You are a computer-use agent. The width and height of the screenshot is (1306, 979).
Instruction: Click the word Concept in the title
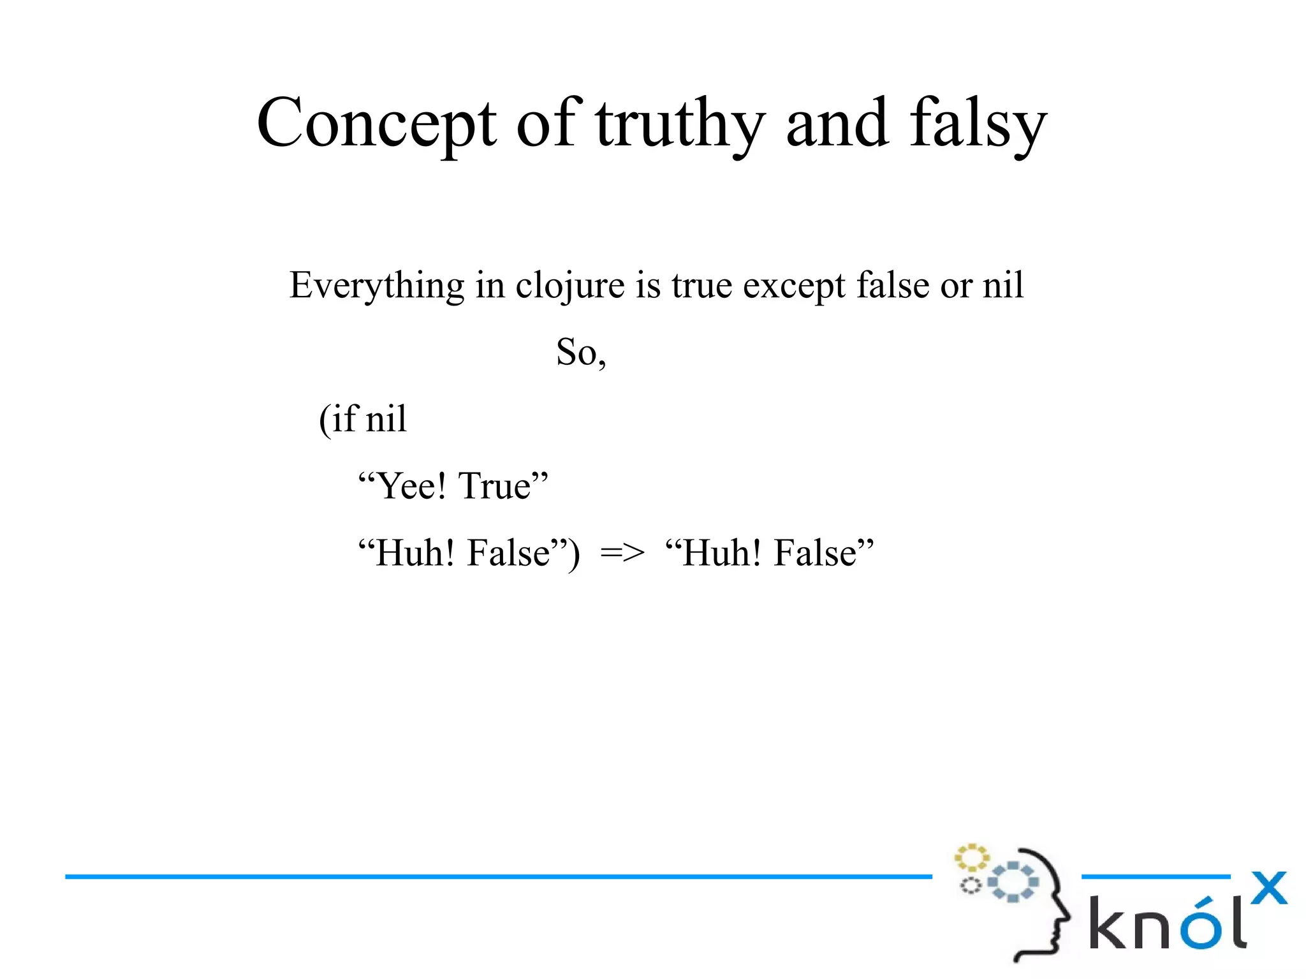tap(376, 122)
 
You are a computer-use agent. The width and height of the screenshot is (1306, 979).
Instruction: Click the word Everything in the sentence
tap(376, 285)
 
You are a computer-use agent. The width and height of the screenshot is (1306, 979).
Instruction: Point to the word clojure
tap(570, 285)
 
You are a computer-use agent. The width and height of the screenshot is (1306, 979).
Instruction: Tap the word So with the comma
tap(580, 352)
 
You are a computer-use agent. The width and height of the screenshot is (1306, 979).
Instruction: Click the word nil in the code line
tap(386, 419)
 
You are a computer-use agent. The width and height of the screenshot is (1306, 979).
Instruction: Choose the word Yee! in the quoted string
tap(411, 486)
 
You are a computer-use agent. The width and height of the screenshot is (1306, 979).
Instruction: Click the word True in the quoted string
tap(495, 486)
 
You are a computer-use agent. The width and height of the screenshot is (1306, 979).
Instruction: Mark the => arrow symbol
tap(622, 553)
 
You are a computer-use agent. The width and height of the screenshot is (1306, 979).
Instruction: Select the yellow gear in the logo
tap(971, 858)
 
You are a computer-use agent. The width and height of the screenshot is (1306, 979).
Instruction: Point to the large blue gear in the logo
tap(1013, 881)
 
